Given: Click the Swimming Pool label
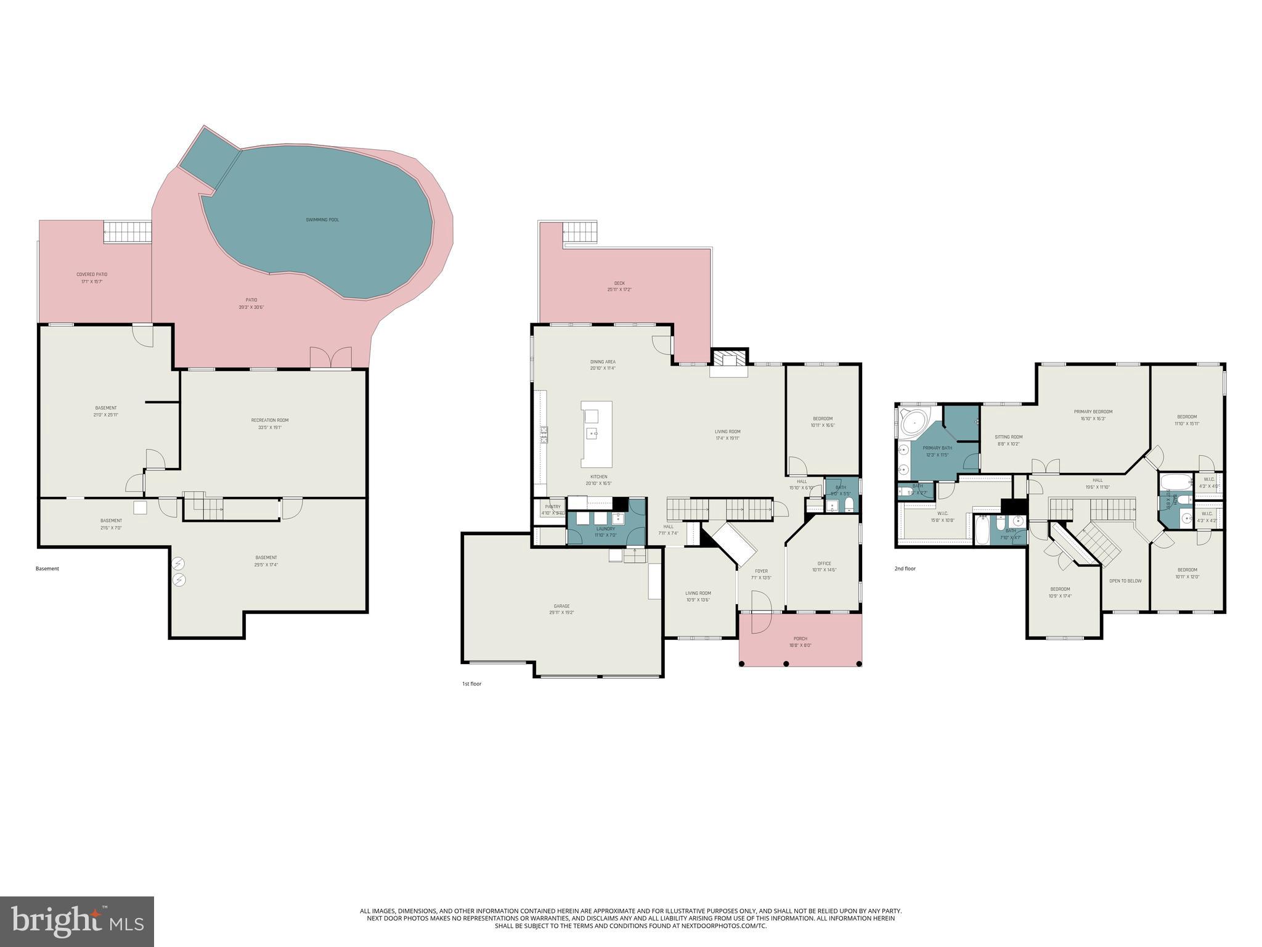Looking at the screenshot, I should [x=322, y=219].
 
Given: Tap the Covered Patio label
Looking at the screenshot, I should [x=92, y=274].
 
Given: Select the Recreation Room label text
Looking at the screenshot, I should [x=269, y=420].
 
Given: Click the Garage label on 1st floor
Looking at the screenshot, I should [x=561, y=606].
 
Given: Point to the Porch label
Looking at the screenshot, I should [x=800, y=639].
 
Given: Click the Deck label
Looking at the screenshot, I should [x=619, y=283].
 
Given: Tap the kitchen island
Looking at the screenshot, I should [x=596, y=434].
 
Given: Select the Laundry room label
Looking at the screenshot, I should [x=606, y=529].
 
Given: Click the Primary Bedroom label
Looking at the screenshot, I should [x=1093, y=412].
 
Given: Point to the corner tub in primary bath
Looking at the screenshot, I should [x=913, y=422].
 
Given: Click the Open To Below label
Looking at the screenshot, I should [x=1125, y=581].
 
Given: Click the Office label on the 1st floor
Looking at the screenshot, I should [x=824, y=564].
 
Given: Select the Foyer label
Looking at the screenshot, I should [x=762, y=571].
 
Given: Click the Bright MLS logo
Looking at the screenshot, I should [x=77, y=921].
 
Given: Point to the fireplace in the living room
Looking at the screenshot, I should [x=729, y=363].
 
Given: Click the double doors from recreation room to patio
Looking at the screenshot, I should [x=330, y=359].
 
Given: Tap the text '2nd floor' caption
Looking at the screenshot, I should [x=905, y=568].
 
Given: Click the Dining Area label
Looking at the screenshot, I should [x=603, y=362].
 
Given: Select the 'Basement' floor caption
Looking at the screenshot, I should [x=47, y=568].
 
